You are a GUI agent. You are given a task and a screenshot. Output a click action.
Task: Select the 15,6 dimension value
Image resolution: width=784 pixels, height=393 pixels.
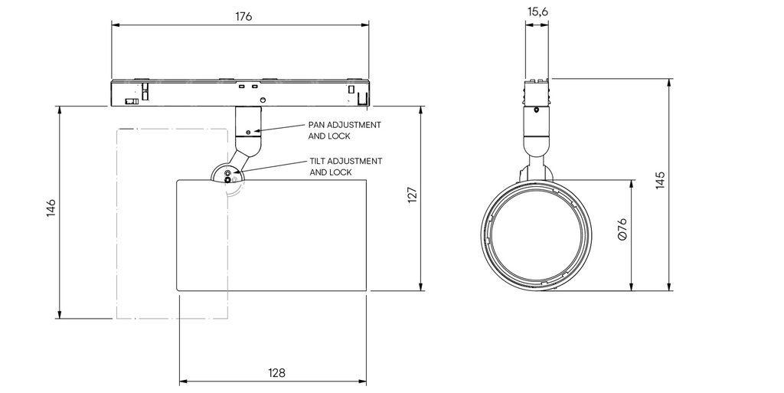pos(537,11)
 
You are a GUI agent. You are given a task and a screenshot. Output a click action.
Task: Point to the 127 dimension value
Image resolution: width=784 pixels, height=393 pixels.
pos(412,196)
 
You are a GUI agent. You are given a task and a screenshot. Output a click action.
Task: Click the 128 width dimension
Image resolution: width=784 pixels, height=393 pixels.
pos(276,373)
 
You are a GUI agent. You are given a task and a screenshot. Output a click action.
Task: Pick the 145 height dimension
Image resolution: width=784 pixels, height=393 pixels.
pos(660,180)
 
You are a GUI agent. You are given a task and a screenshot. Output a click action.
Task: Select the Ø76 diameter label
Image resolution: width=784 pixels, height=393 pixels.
pos(622,230)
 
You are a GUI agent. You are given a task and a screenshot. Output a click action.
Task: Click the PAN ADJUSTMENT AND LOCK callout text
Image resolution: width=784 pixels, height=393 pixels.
pos(344,130)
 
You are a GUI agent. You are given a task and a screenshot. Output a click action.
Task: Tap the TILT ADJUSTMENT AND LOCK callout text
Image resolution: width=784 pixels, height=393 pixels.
pos(345,167)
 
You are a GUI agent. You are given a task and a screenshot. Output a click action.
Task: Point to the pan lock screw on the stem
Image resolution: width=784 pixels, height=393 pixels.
pos(248,132)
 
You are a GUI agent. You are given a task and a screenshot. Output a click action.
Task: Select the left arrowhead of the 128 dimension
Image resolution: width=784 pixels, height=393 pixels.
pos(182,381)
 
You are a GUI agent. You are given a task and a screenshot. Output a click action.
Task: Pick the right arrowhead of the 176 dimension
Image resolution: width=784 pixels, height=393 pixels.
pos(366,25)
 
